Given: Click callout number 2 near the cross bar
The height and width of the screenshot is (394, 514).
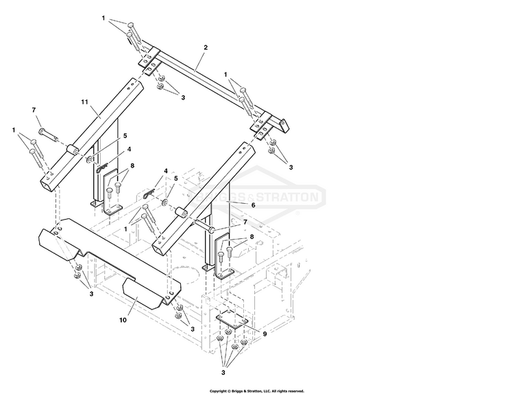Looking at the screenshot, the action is pos(206,47).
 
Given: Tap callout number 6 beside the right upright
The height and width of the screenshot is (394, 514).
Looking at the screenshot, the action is pos(253,205).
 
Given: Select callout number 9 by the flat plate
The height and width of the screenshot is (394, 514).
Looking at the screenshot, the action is pos(265,334).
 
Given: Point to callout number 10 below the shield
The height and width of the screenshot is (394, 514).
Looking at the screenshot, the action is pos(123,320).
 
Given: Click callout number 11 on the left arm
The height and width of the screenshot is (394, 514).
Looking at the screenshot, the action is pos(84,102).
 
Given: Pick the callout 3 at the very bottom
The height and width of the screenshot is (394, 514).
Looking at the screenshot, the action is pos(223,373).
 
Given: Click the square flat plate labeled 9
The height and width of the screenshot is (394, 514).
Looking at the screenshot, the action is pos(232,321).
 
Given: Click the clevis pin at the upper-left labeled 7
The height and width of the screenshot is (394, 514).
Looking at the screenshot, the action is pos(48,135).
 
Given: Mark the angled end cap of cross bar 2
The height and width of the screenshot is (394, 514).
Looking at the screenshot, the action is pos(284,125).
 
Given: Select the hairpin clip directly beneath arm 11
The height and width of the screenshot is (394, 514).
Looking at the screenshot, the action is pos(102,168).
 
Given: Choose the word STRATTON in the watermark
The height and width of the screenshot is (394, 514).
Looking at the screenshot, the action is pos(286,197).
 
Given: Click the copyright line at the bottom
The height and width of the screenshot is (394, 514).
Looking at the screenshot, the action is pos(257,391).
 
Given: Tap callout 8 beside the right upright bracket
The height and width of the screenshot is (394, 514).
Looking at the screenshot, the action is pos(252,236).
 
